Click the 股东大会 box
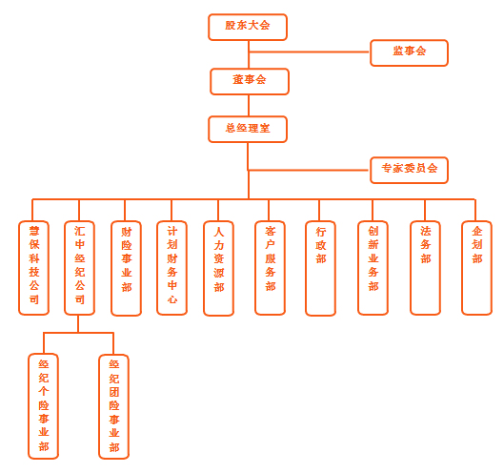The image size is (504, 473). click(x=248, y=27)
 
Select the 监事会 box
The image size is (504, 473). click(x=409, y=52)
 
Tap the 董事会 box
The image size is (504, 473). click(x=250, y=81)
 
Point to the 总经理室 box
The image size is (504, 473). click(x=248, y=129)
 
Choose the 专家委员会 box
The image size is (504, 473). click(x=409, y=170)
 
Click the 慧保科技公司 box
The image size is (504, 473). click(x=33, y=268)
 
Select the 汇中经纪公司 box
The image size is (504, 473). click(x=79, y=268)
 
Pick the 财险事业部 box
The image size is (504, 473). click(x=126, y=268)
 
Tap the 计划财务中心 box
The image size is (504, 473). click(x=171, y=268)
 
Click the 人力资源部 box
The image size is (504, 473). click(x=218, y=268)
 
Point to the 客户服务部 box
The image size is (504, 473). click(x=270, y=268)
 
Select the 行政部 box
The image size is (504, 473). click(x=320, y=268)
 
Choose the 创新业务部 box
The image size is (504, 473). click(x=373, y=268)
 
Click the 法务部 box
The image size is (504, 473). click(x=425, y=268)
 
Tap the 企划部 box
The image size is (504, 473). click(x=476, y=268)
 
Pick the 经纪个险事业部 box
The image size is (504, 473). click(x=43, y=406)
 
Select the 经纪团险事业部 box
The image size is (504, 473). click(x=113, y=406)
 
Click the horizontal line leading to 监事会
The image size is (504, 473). click(x=309, y=51)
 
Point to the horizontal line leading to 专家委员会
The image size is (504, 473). click(x=309, y=170)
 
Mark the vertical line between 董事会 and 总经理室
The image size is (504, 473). click(x=249, y=106)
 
